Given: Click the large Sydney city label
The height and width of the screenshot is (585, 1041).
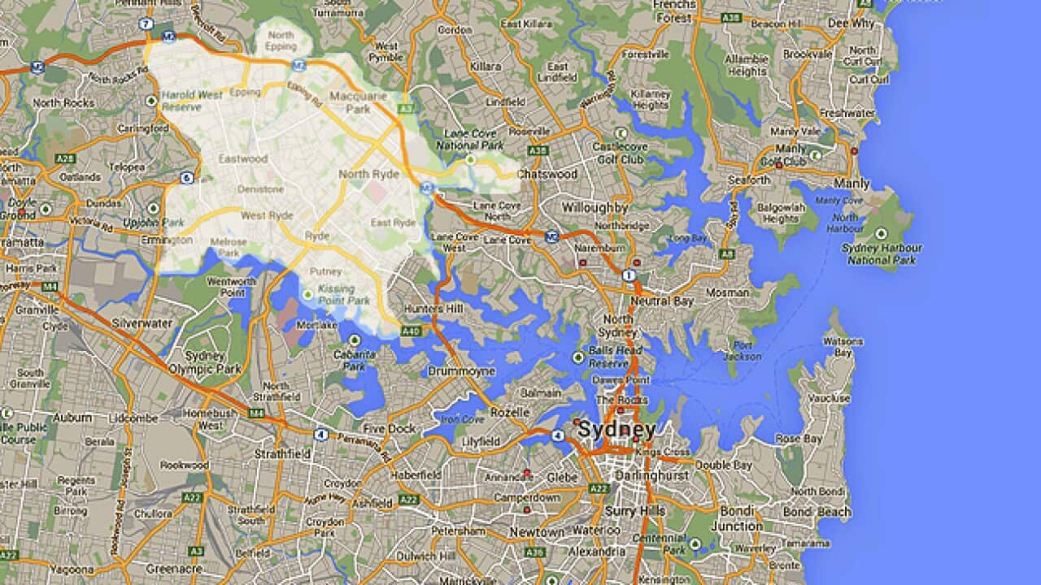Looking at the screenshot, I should (616, 430).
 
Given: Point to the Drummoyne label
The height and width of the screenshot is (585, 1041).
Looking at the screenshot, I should (461, 371).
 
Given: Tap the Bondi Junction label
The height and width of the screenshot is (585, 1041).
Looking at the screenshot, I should (737, 519).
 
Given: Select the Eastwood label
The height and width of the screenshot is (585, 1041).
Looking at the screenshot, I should (242, 159).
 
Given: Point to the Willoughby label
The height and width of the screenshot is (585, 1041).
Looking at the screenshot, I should (595, 208).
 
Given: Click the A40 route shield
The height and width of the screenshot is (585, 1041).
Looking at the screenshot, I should (411, 331).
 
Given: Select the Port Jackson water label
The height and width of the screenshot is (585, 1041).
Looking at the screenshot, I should (743, 350).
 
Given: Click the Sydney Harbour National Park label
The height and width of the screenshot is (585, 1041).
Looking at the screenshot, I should (882, 254).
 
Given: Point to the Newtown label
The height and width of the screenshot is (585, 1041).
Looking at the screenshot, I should (537, 532).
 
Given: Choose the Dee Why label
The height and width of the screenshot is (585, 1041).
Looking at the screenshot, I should (851, 24).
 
